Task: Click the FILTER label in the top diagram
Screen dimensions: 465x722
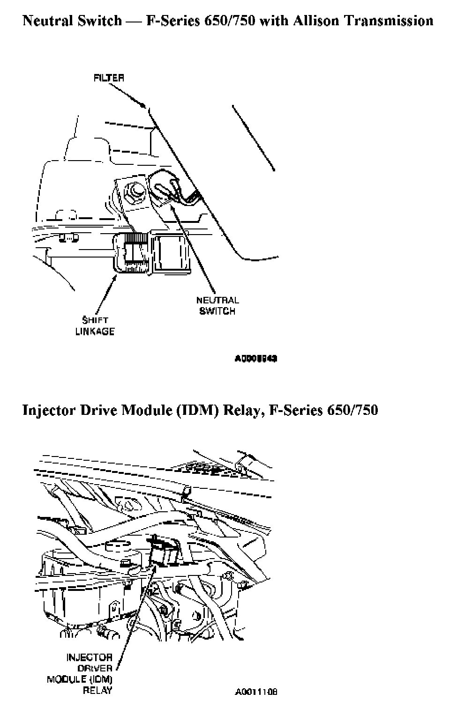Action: [109, 78]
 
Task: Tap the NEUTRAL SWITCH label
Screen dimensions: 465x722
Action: [217, 305]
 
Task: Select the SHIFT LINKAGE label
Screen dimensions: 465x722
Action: [95, 326]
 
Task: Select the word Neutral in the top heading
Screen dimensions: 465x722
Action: [48, 21]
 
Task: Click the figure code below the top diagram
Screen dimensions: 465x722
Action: [256, 359]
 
